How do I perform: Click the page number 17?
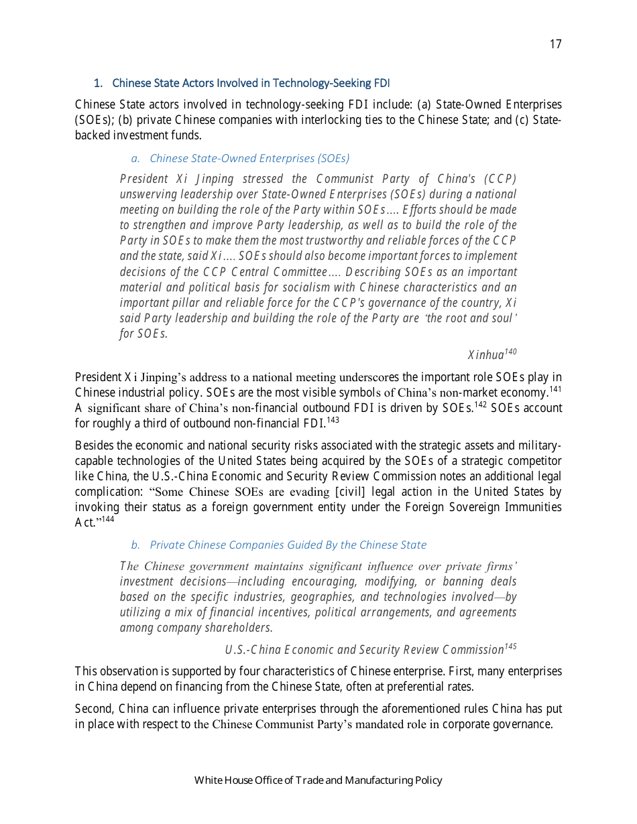(x=555, y=44)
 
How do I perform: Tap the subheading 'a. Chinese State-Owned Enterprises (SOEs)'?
(x=240, y=158)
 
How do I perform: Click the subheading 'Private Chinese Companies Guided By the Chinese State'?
(x=288, y=545)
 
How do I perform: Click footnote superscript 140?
(x=510, y=351)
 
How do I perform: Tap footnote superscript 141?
(x=555, y=389)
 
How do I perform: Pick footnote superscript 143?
(x=333, y=420)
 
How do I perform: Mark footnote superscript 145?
(x=510, y=646)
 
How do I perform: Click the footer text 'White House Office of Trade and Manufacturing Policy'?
(x=318, y=780)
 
